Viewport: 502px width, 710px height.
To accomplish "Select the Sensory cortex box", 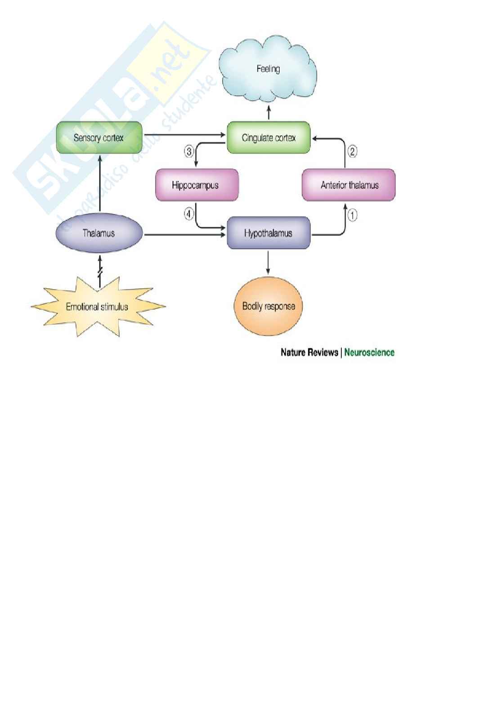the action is pos(99,138).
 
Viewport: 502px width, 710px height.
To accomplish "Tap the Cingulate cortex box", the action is pos(269,138).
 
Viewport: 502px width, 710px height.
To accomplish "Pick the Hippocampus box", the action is pos(197,185).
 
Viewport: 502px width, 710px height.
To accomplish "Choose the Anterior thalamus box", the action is pos(349,185).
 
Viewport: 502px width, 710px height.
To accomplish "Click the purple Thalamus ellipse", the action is pos(99,233).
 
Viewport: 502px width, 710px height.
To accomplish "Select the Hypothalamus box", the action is pos(269,233).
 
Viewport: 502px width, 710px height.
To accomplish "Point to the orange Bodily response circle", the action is pos(268,306).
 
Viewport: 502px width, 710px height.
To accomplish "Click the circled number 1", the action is pos(352,215).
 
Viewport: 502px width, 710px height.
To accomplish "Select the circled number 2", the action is pos(352,151).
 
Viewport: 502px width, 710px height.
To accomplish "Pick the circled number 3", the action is pos(188,151).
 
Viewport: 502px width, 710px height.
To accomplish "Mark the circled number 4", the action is pos(188,214).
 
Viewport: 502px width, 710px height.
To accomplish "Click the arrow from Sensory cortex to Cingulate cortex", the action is pos(184,135).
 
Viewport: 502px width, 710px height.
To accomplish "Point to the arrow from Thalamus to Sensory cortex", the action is pos(100,183).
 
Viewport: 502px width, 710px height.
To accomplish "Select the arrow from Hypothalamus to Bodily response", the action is pos(268,263).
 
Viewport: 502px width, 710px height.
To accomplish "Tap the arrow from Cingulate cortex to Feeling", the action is pos(269,112).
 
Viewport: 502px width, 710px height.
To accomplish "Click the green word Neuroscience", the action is pos(369,352).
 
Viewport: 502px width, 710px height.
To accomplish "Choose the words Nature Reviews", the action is pos(309,352).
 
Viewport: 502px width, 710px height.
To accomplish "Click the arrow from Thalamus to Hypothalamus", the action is pos(184,235).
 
